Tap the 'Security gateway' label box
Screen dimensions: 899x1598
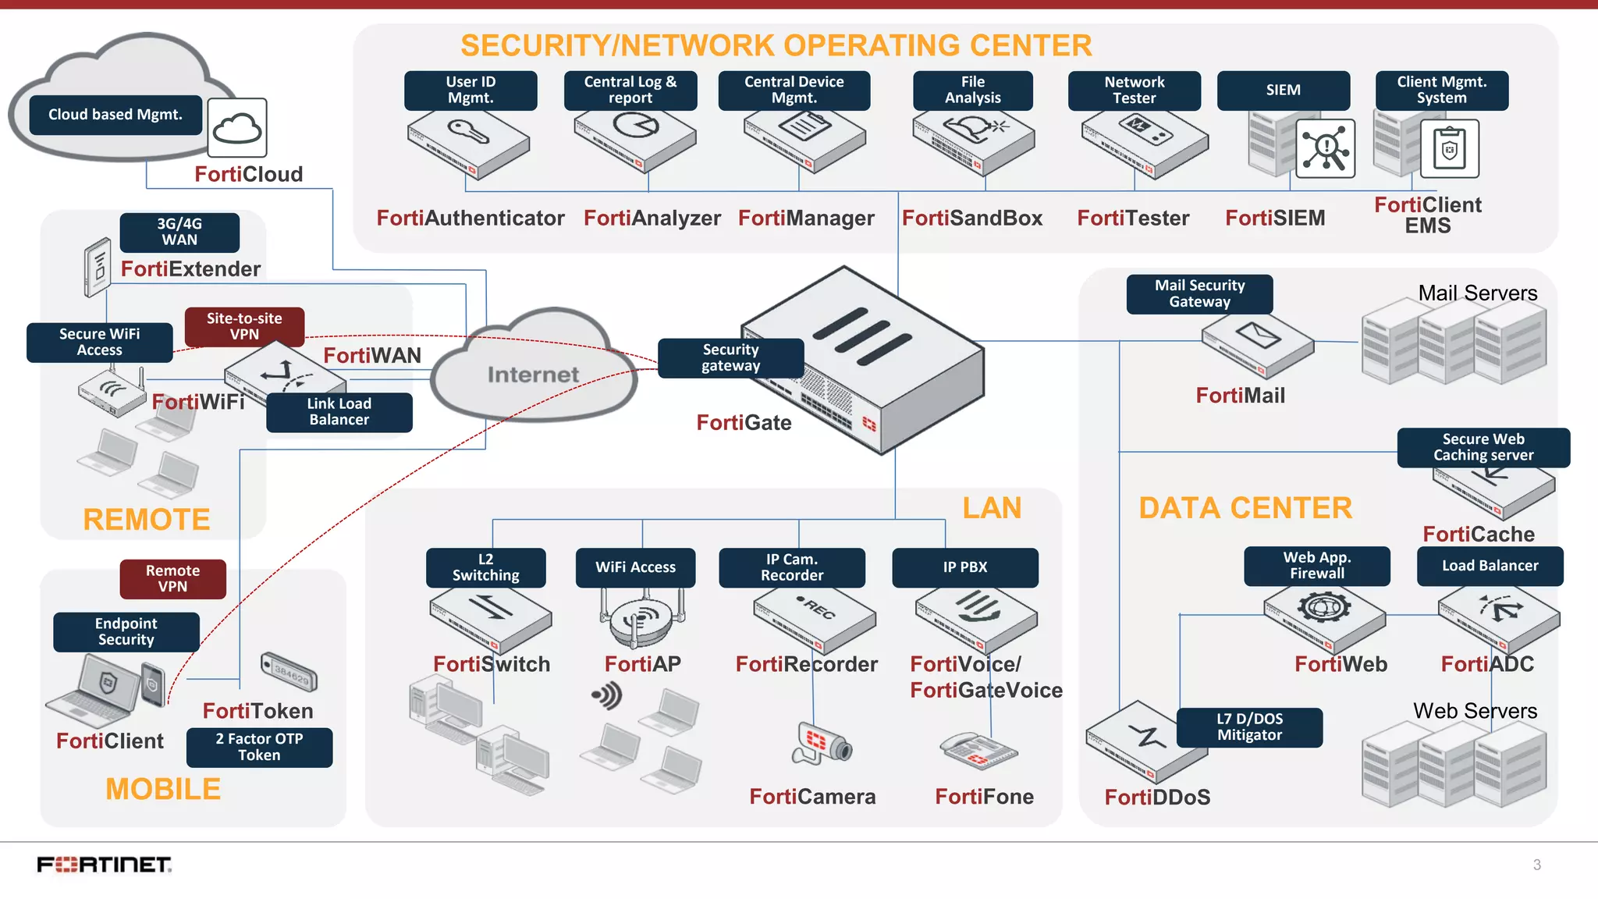point(730,358)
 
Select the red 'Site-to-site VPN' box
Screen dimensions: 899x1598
point(244,326)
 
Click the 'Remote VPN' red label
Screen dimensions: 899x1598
point(172,579)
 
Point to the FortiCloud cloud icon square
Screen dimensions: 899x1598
point(237,128)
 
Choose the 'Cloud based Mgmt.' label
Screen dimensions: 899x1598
point(115,115)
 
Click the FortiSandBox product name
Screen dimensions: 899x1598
point(971,218)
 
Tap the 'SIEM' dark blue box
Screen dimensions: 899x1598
point(1283,91)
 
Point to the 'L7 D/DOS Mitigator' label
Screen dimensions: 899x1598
point(1249,727)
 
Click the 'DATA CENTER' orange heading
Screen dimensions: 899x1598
point(1245,508)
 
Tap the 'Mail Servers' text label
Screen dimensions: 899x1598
point(1477,293)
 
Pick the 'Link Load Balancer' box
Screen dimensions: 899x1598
point(339,412)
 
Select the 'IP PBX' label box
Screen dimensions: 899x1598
point(964,567)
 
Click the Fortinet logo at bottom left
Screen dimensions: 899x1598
point(105,865)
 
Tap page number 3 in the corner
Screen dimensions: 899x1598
point(1536,865)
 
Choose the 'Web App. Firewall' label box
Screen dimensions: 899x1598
point(1316,566)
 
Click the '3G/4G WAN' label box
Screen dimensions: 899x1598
point(179,233)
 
